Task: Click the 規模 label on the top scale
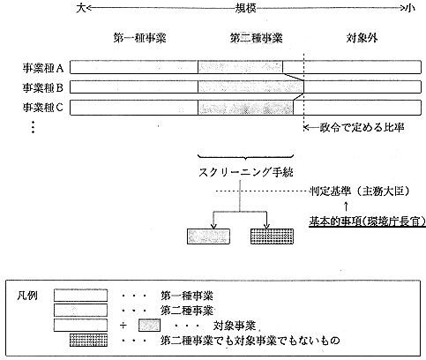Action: [x=245, y=8]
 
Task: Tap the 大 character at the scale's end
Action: [x=80, y=8]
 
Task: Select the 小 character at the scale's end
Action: [x=409, y=8]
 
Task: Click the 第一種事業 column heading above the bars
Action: [x=139, y=38]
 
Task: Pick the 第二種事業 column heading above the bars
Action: [x=256, y=38]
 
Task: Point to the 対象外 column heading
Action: [x=362, y=38]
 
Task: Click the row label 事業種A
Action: [x=43, y=68]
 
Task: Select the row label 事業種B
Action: [x=43, y=87]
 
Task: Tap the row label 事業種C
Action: [x=43, y=108]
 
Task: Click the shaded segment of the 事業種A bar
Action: [x=241, y=67]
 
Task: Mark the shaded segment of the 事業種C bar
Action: [x=246, y=108]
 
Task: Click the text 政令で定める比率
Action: [x=362, y=127]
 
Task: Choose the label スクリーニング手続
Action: [x=246, y=172]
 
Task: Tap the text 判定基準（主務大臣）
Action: [x=360, y=191]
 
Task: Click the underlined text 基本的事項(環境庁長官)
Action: [x=367, y=221]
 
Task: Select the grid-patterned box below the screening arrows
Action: [x=272, y=236]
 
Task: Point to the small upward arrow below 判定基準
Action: [x=346, y=206]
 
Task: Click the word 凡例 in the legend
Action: [x=27, y=296]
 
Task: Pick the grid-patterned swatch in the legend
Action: [x=88, y=340]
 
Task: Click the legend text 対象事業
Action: [x=235, y=326]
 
